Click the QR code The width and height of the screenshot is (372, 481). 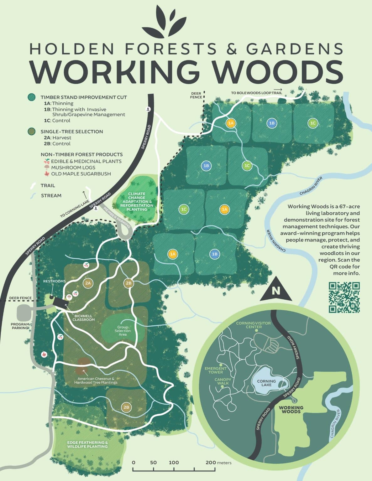click(344, 297)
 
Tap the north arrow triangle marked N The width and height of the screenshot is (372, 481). click(276, 290)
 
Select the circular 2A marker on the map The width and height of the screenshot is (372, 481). click(88, 283)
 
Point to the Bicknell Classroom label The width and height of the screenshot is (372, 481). click(83, 318)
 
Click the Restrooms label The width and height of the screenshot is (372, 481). click(54, 281)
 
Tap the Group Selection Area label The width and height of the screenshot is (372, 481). click(123, 331)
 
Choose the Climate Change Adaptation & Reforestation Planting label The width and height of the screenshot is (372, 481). click(137, 202)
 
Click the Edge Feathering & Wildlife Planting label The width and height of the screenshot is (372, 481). click(87, 444)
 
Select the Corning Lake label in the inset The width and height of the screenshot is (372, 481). click(266, 383)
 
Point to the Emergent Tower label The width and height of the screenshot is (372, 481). click(216, 370)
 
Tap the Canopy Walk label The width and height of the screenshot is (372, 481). click(223, 381)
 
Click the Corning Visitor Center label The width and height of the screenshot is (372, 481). click(254, 325)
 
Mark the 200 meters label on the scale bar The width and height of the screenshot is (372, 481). click(218, 463)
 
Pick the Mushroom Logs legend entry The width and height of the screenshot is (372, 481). click(73, 168)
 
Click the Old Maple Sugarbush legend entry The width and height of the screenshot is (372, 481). click(81, 174)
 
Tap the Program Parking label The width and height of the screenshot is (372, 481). click(20, 326)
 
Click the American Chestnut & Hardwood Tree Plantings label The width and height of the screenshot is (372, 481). click(96, 380)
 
